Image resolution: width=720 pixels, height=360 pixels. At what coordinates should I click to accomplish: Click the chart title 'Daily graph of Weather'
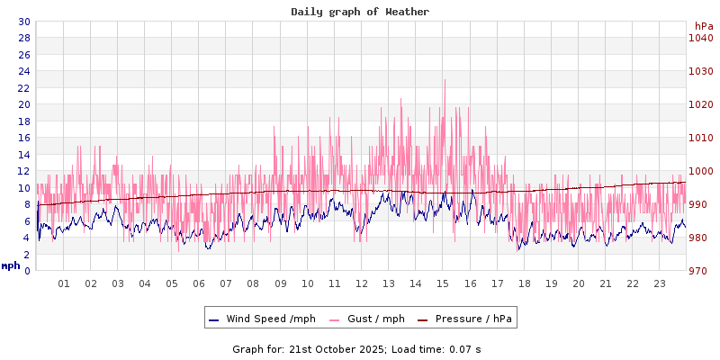[x=360, y=12]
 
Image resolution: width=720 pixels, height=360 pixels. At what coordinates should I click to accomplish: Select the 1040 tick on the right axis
[x=700, y=38]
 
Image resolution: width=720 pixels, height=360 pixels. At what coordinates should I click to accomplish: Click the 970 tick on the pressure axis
[x=700, y=271]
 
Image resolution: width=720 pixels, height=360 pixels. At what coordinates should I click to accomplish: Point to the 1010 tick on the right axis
[x=700, y=138]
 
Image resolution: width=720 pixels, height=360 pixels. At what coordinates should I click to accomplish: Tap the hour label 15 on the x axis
[x=443, y=283]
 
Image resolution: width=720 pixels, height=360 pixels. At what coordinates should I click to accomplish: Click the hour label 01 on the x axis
[x=64, y=283]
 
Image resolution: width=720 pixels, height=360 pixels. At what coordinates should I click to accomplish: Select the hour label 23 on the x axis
[x=660, y=283]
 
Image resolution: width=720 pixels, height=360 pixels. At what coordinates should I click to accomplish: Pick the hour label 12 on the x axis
[x=362, y=283]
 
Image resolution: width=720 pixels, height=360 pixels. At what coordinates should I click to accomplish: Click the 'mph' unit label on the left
[x=11, y=265]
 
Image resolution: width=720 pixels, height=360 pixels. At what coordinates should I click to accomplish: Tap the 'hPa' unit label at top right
[x=704, y=26]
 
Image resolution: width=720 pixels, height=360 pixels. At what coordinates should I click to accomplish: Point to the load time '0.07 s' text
[x=464, y=348]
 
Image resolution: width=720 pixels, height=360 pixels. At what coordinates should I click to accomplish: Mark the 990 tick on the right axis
[x=700, y=204]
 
